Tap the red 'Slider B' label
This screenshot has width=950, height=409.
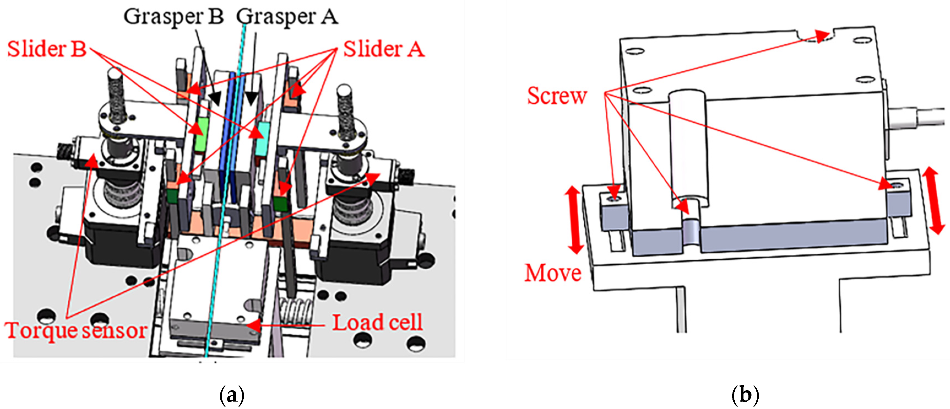coord(47,49)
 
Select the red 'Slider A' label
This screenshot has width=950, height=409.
coord(384,49)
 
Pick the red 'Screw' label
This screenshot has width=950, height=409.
coord(557,96)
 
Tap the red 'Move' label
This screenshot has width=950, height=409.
coord(553,273)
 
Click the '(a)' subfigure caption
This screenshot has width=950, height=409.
coord(232,395)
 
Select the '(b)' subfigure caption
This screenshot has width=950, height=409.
coord(745,395)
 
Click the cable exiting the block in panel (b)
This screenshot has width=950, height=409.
coord(918,118)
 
